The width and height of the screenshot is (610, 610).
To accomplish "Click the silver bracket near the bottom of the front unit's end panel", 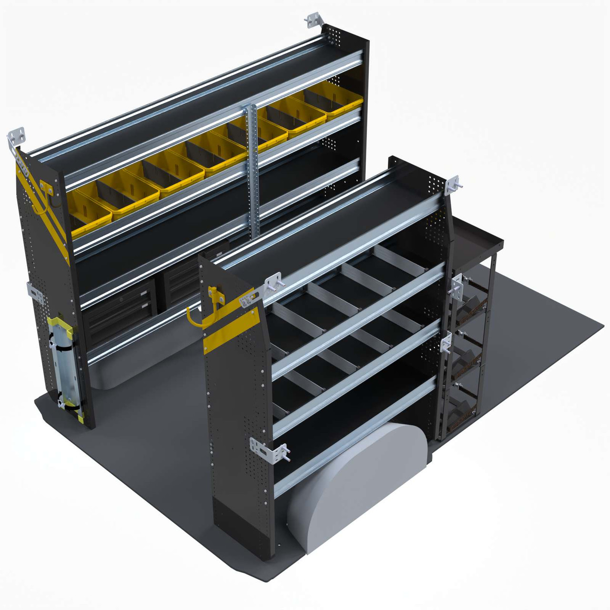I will click(269, 450).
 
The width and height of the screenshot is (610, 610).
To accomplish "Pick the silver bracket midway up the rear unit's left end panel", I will click(35, 293).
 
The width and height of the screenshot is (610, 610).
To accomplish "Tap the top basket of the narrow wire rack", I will click(469, 305).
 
